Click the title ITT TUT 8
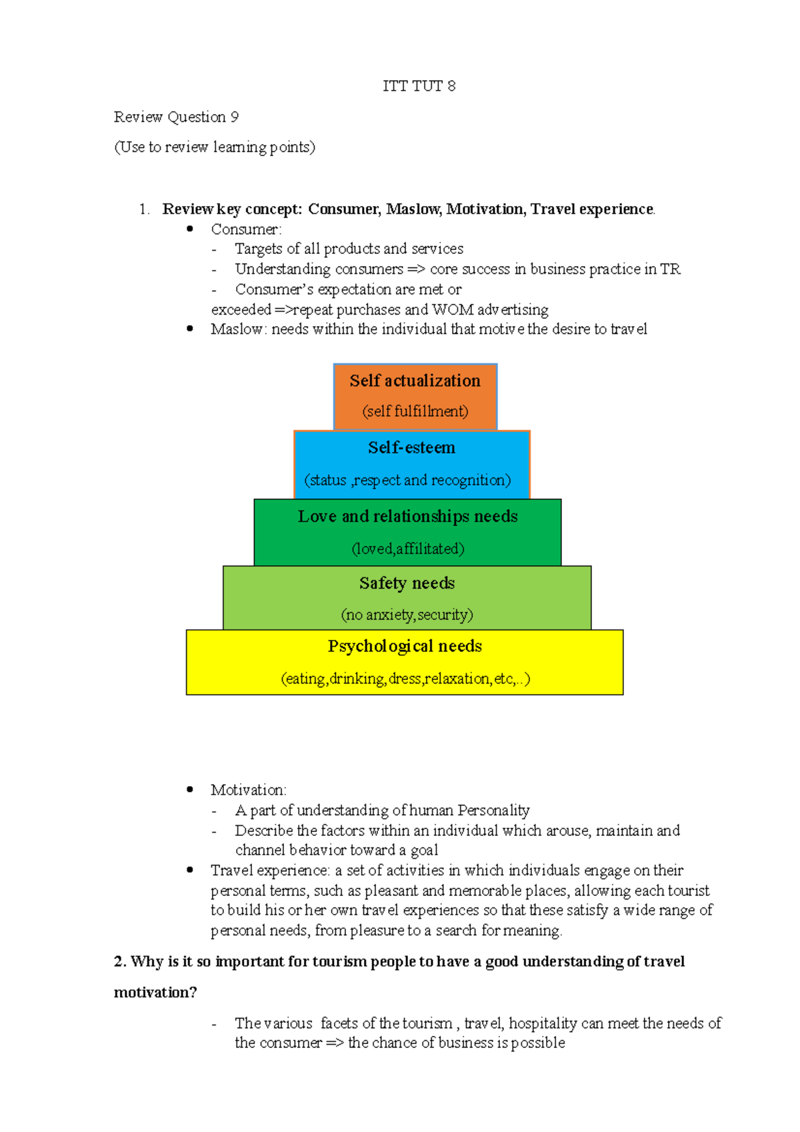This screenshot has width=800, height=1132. pyautogui.click(x=419, y=86)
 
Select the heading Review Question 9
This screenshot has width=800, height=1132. pyautogui.click(x=176, y=117)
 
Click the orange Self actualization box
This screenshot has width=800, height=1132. pyautogui.click(x=415, y=396)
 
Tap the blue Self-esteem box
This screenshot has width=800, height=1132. pyautogui.click(x=411, y=464)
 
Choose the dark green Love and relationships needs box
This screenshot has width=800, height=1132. pyautogui.click(x=407, y=532)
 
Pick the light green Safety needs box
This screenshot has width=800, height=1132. pyautogui.click(x=407, y=598)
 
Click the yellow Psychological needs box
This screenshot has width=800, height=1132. pyautogui.click(x=405, y=662)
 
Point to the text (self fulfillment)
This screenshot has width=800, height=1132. pyautogui.click(x=415, y=411)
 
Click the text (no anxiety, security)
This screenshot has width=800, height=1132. pyautogui.click(x=407, y=615)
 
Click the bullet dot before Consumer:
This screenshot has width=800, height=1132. pyautogui.click(x=190, y=229)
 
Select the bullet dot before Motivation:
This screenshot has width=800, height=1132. pyautogui.click(x=190, y=789)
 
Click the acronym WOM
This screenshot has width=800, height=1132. pyautogui.click(x=453, y=310)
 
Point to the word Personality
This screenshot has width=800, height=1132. pyautogui.click(x=493, y=811)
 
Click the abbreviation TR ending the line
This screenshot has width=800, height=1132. pyautogui.click(x=670, y=269)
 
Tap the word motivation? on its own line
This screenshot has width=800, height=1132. pyautogui.click(x=155, y=993)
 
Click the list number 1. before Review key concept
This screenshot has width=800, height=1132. pyautogui.click(x=144, y=209)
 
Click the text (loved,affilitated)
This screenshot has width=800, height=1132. pyautogui.click(x=407, y=549)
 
